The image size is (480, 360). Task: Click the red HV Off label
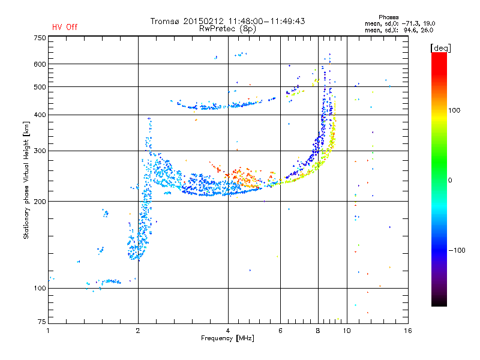[65, 27]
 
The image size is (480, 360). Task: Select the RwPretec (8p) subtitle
[227, 29]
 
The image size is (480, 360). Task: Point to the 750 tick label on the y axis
[40, 38]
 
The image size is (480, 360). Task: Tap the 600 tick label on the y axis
[40, 64]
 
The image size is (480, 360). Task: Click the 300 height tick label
[40, 151]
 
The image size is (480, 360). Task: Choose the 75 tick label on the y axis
[42, 322]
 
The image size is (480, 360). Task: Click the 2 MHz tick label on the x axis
[138, 331]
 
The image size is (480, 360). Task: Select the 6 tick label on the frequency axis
[280, 331]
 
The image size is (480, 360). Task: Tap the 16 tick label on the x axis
[408, 331]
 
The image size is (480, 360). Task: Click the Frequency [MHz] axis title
[227, 338]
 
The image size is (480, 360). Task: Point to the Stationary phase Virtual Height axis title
[26, 180]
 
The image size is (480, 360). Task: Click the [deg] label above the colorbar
[440, 48]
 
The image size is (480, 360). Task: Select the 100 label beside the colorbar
[454, 110]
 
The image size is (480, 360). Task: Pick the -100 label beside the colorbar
[457, 250]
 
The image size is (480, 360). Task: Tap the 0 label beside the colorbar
[450, 181]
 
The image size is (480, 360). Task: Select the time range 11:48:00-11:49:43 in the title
[266, 21]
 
